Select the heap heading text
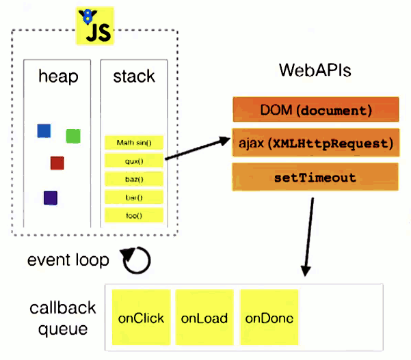click(x=57, y=77)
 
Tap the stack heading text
click(x=134, y=77)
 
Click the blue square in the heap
click(x=44, y=131)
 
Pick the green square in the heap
click(x=73, y=136)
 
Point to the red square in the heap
click(x=57, y=163)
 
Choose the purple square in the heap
click(x=50, y=198)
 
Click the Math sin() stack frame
click(x=134, y=143)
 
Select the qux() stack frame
click(x=134, y=161)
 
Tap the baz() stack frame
click(x=134, y=180)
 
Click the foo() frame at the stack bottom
click(x=134, y=216)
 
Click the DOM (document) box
click(x=315, y=109)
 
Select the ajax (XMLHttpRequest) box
click(x=315, y=143)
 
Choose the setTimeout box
click(x=315, y=178)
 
